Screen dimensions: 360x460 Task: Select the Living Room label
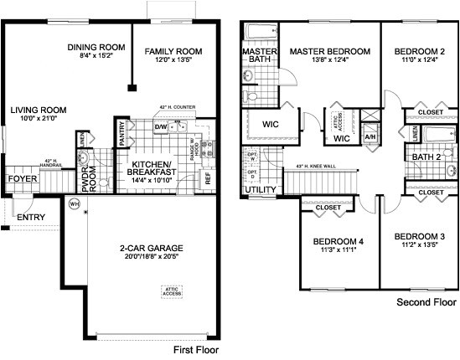pos(39,110)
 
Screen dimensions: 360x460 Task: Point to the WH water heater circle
pos(75,203)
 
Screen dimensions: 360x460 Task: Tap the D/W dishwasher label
pos(161,127)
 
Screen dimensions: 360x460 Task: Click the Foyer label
pos(18,179)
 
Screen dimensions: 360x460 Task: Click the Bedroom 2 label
pos(419,52)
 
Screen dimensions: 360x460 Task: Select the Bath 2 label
pos(426,156)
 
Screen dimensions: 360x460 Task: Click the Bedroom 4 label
pos(339,242)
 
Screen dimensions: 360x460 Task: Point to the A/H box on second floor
pos(371,136)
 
